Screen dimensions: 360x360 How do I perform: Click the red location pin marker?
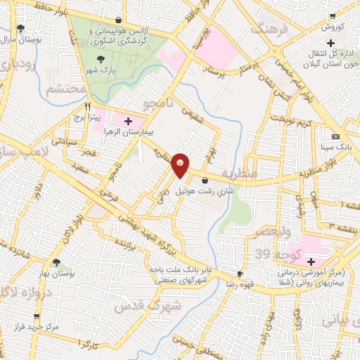click(x=181, y=165)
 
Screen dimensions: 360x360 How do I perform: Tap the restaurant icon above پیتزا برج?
click(x=89, y=106)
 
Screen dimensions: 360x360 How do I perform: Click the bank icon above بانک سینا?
click(x=335, y=136)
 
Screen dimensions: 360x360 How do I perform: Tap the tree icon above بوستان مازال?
click(x=19, y=28)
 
